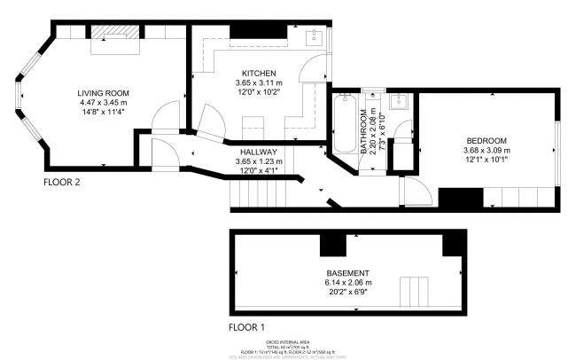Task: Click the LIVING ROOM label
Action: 104,92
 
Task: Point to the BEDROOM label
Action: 486,141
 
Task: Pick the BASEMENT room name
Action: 347,272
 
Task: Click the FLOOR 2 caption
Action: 62,183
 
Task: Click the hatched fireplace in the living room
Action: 116,32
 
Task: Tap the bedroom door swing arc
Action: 409,190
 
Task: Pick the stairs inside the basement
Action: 414,290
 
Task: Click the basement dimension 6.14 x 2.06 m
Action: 347,283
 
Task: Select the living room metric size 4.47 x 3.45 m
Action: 104,102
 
